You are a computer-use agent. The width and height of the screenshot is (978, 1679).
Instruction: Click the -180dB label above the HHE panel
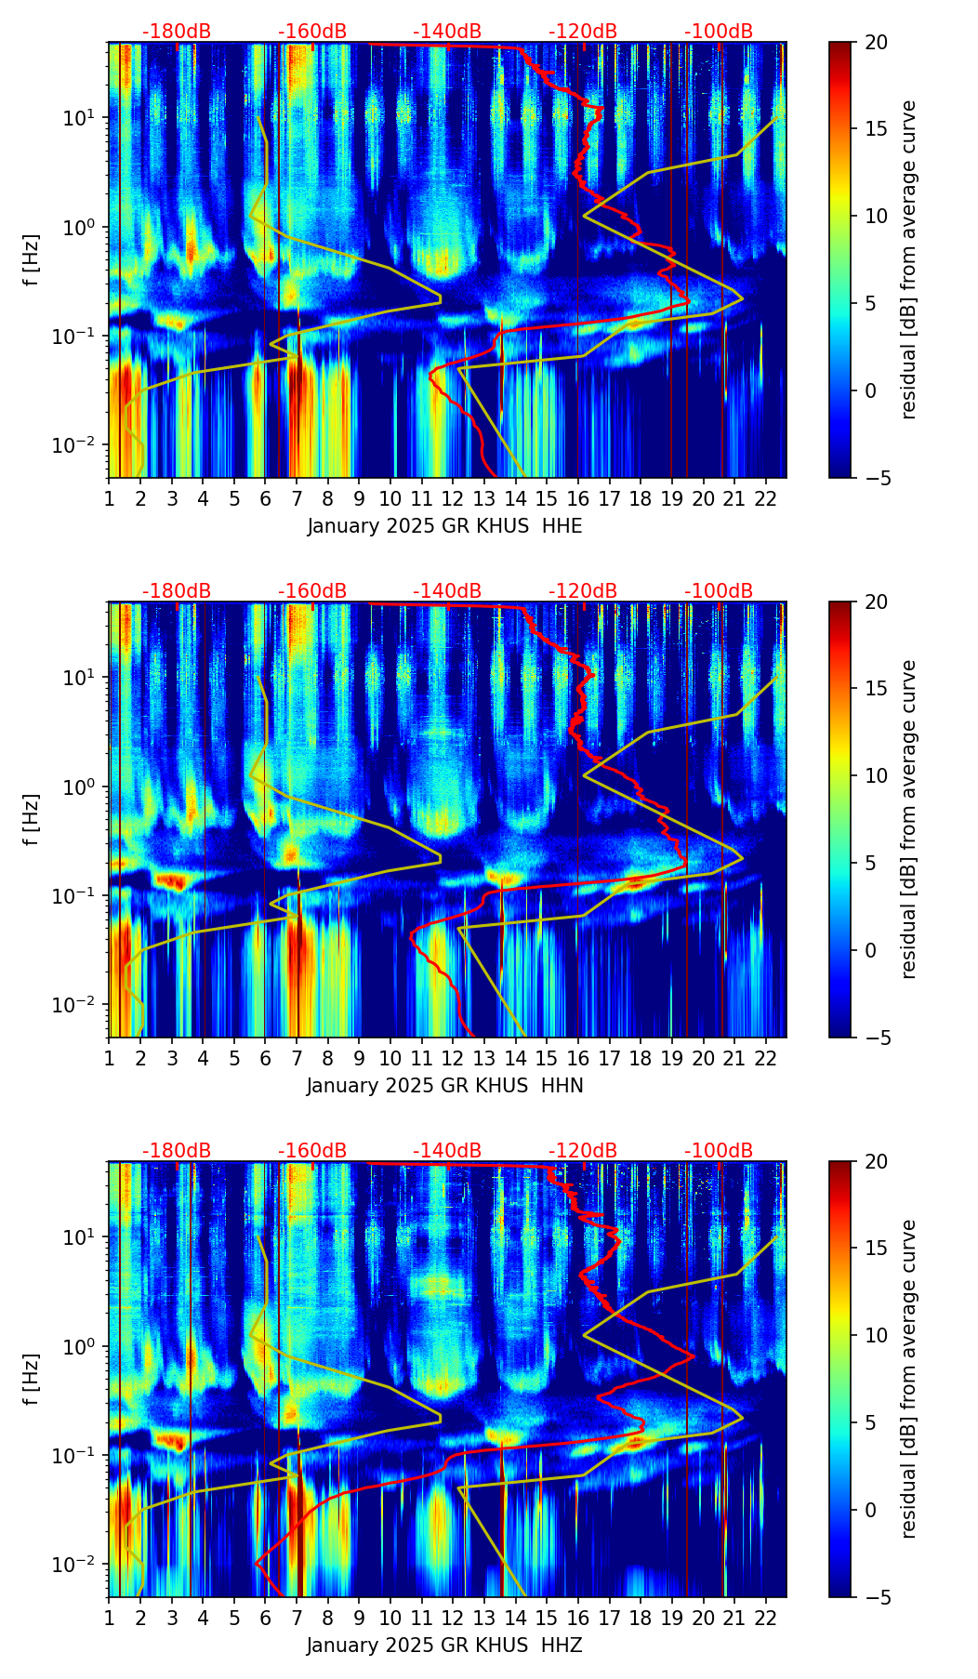point(177,32)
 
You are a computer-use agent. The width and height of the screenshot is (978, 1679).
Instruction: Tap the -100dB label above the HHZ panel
point(719,1151)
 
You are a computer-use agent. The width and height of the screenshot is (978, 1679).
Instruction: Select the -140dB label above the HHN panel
point(447,591)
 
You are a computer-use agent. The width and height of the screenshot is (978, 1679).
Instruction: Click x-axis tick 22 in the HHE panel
point(766,497)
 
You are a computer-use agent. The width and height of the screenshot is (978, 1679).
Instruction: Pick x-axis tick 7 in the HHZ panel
point(297,1617)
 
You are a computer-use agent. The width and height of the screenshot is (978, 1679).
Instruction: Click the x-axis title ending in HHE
point(444,526)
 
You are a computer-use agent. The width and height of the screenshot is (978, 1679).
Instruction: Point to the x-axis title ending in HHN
point(444,1086)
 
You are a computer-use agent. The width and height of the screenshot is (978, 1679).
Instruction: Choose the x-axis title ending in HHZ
point(444,1646)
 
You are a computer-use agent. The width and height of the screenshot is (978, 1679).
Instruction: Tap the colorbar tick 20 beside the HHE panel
point(876,43)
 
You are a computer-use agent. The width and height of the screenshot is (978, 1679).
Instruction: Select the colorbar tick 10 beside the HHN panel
point(876,775)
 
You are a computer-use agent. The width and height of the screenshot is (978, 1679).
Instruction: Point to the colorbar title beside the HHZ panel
point(908,1379)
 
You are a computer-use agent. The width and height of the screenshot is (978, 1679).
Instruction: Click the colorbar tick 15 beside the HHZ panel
point(876,1249)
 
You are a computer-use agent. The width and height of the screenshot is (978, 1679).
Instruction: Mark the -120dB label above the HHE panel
point(583,32)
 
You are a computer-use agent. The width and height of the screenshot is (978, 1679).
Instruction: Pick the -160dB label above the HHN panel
point(312,591)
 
